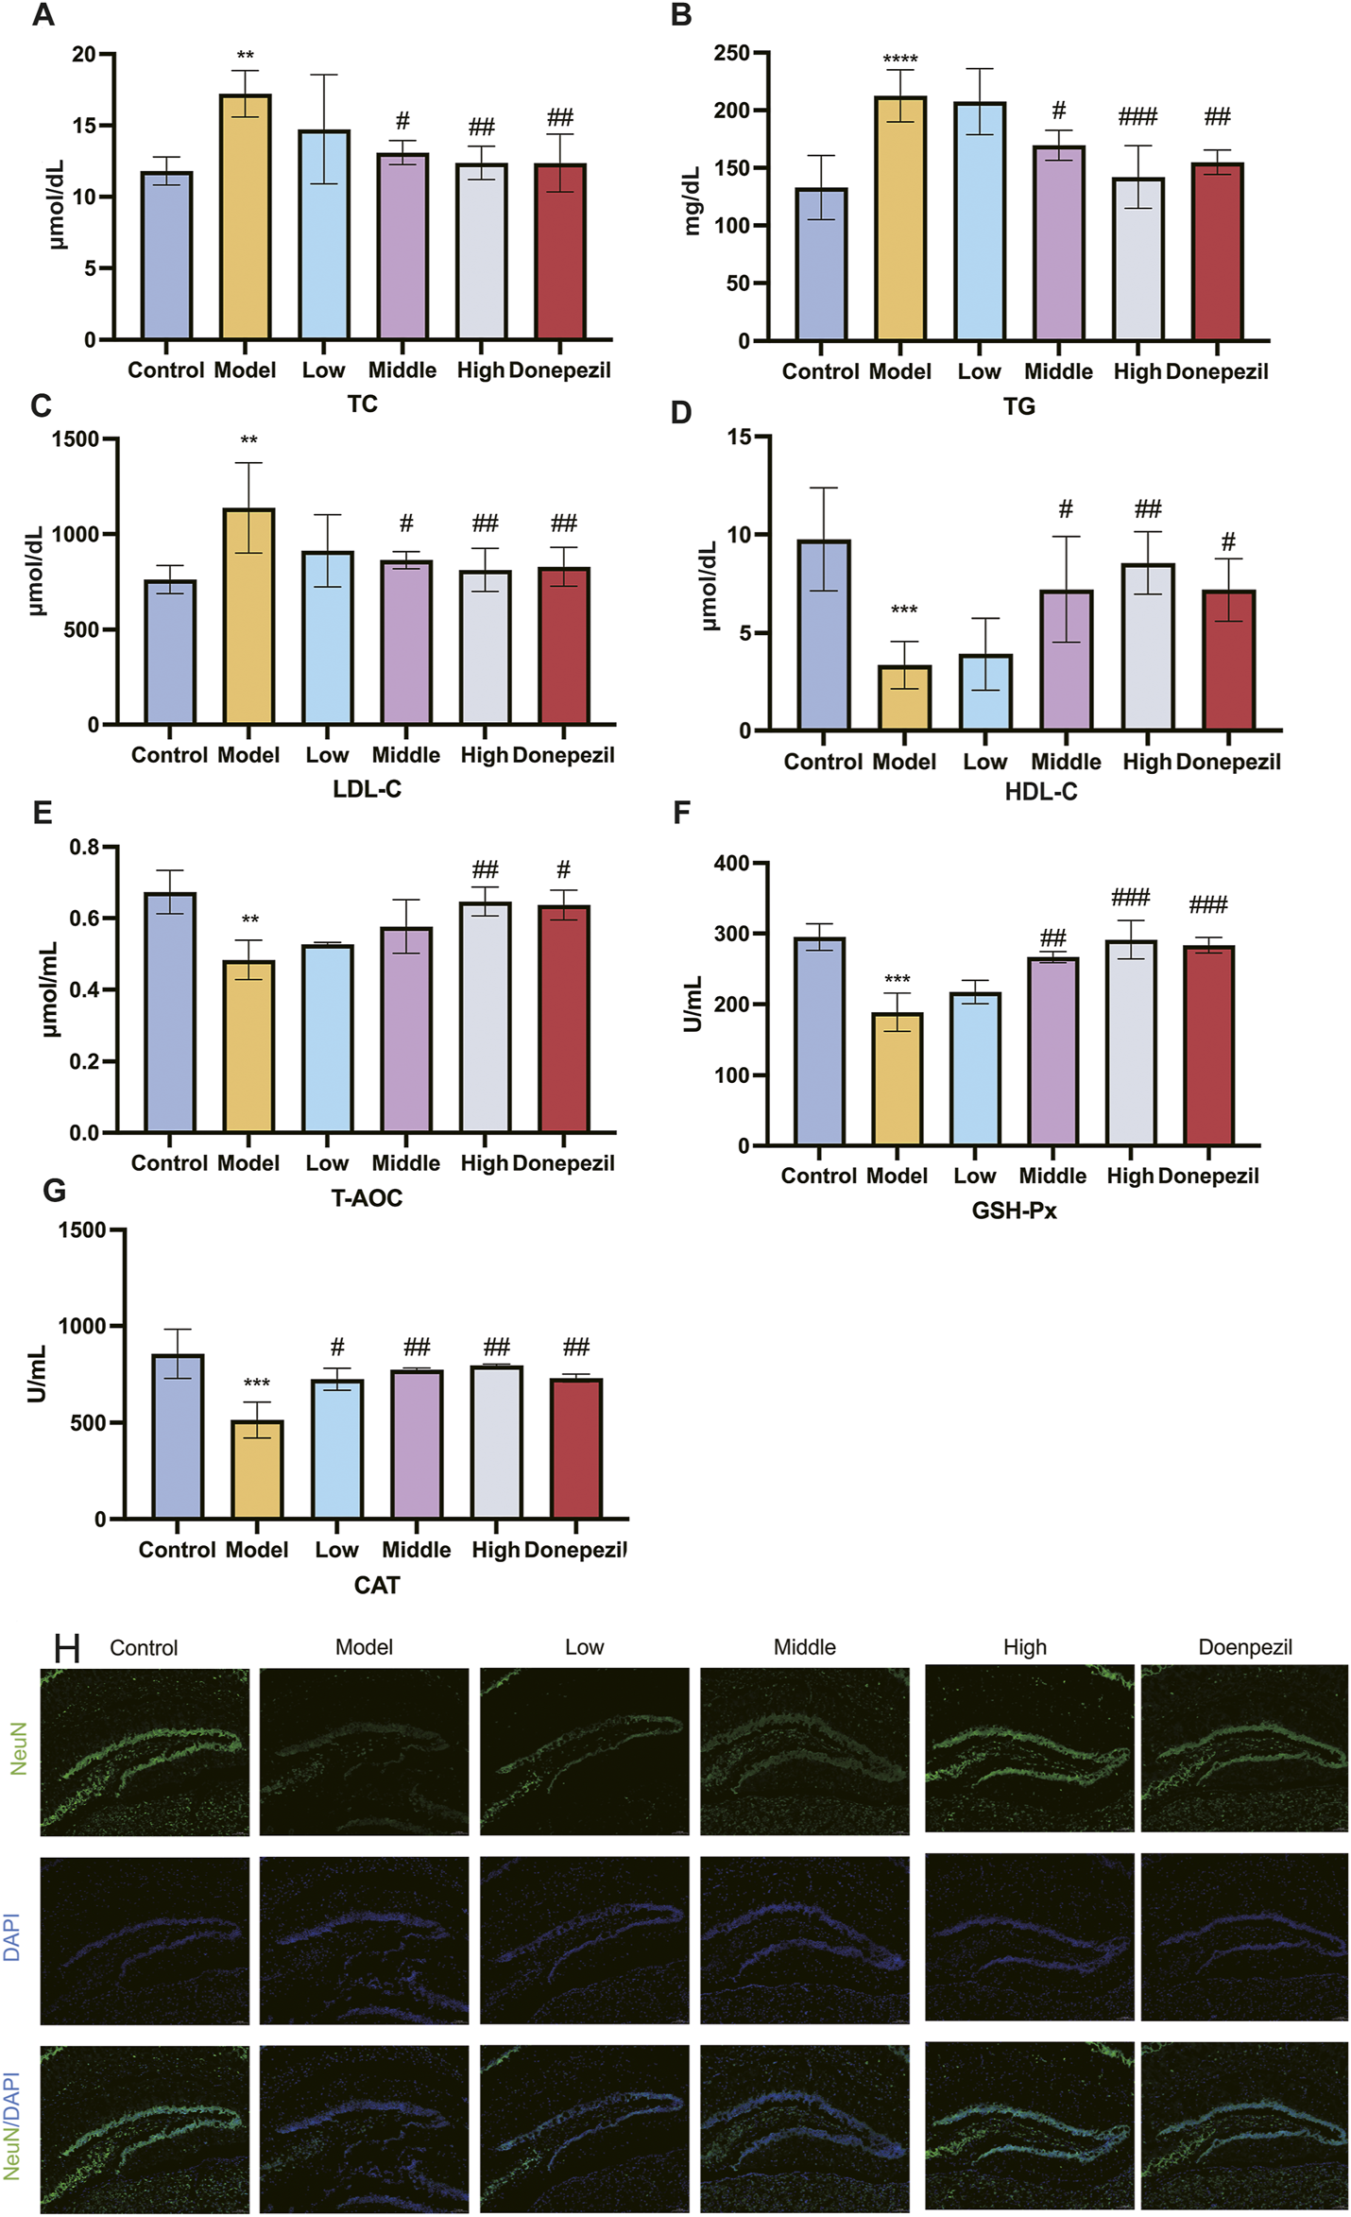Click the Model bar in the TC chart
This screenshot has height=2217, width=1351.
245,217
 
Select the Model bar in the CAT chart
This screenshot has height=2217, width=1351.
257,1469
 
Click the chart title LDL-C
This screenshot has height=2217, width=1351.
367,789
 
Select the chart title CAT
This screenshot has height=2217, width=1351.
376,1586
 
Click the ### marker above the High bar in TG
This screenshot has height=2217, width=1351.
1137,117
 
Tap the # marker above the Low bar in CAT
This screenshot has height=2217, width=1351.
337,1348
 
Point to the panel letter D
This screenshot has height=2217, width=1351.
681,412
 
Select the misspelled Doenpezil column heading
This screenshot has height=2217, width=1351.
1244,1648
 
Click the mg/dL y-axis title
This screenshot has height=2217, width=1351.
693,200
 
